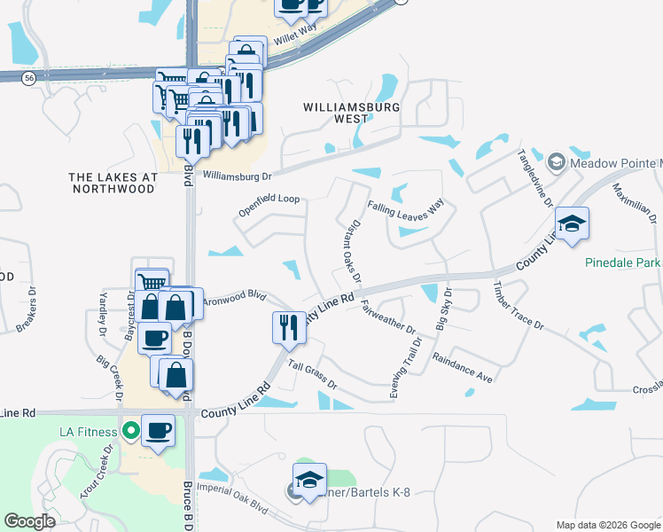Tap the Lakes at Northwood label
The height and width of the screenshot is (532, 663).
(113, 183)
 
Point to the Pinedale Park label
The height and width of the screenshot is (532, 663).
(622, 262)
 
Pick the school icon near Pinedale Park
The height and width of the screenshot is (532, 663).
(572, 223)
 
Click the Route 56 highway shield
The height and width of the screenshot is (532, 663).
(29, 78)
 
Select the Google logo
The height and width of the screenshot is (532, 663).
(29, 521)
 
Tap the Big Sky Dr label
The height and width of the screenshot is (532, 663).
(442, 309)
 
